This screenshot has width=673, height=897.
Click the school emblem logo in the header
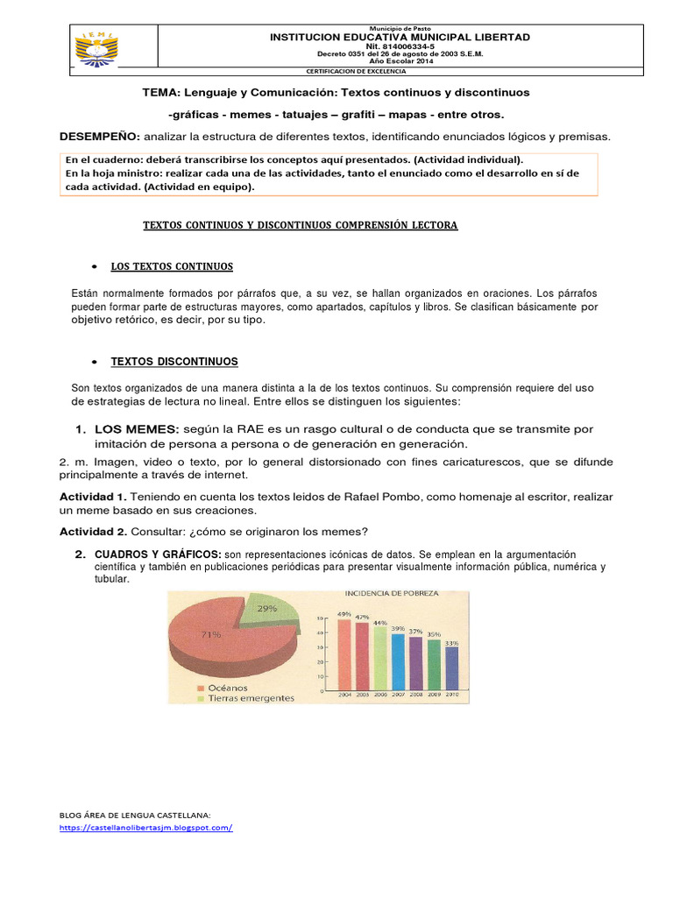(97, 47)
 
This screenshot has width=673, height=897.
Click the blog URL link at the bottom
(146, 828)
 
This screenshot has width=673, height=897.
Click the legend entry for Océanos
(230, 688)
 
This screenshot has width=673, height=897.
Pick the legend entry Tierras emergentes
(249, 698)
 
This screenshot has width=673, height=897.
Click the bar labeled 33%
(451, 668)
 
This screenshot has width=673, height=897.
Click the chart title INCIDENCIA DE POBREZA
(402, 593)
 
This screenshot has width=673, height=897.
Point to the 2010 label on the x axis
(451, 695)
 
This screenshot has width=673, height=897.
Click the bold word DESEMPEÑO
(99, 137)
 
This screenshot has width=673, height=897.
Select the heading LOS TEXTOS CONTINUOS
(172, 266)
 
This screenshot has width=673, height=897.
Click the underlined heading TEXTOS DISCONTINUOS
(174, 361)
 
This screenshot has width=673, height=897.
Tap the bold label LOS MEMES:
(136, 429)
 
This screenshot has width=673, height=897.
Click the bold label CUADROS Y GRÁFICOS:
(158, 554)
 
